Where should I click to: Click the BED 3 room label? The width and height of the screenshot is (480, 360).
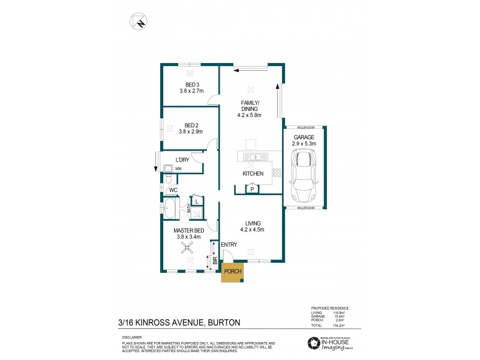coord(191,84)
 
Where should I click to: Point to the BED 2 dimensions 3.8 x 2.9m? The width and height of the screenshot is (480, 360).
coord(191,131)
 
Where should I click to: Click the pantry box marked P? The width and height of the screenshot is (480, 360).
coord(252,189)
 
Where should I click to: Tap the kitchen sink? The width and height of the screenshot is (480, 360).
coord(255,157)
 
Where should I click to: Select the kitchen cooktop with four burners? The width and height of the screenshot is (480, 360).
coord(277,173)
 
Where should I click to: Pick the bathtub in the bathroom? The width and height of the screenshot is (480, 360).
coord(170,210)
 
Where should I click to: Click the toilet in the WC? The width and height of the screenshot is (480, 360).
coord(170,179)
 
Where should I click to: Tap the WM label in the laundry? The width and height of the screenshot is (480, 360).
coord(178,169)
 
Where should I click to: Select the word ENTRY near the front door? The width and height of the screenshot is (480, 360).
coord(229,245)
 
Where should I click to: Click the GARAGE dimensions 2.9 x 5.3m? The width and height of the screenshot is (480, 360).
coord(305,144)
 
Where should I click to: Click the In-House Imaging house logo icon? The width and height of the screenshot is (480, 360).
coord(313,343)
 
